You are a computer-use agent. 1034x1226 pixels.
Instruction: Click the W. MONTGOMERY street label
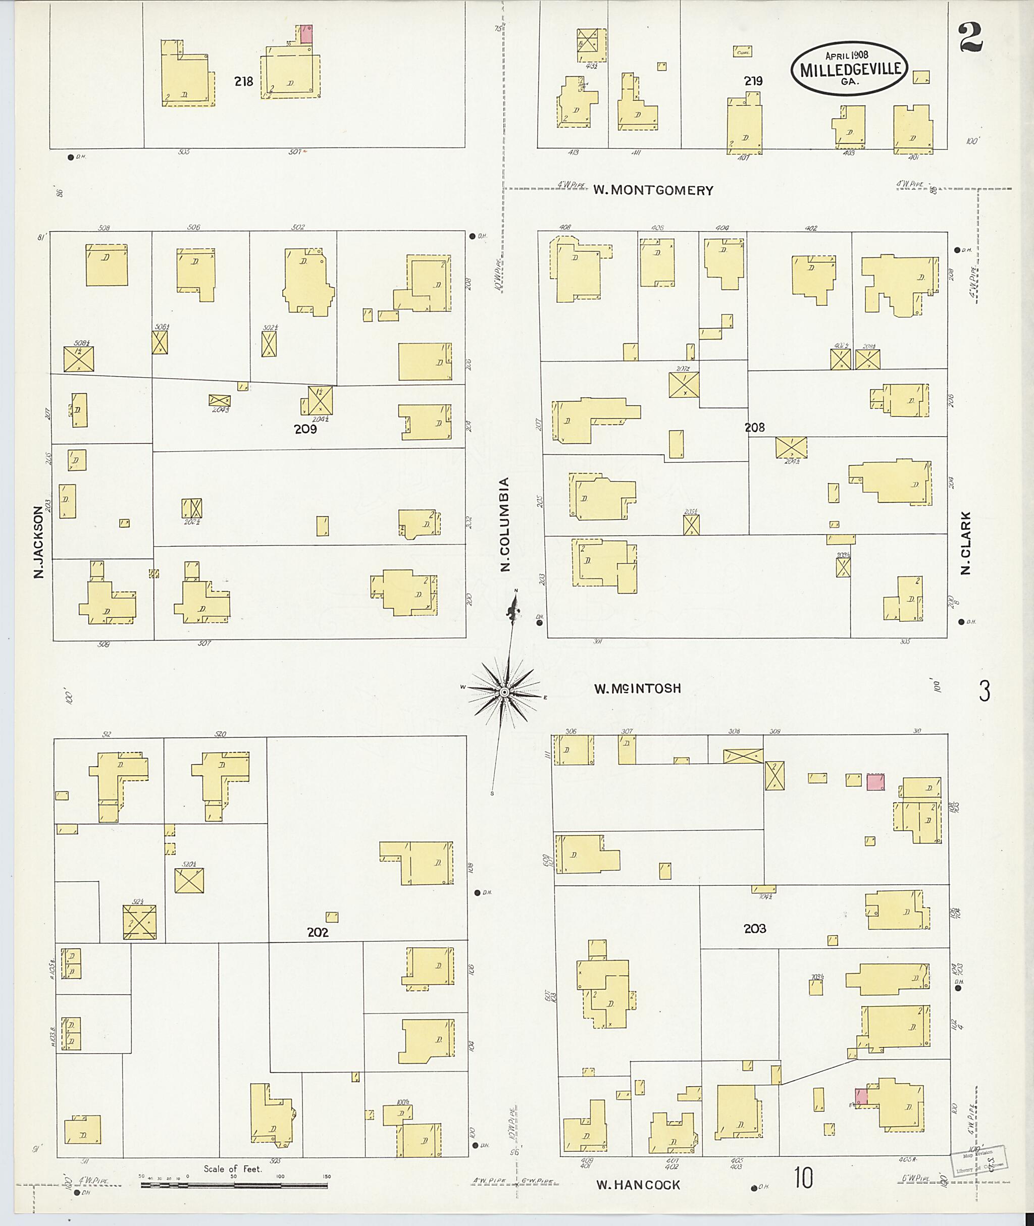tap(653, 190)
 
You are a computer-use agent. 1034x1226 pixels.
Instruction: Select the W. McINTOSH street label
tap(638, 688)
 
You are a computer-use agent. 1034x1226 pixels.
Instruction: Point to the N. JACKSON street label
tap(39, 543)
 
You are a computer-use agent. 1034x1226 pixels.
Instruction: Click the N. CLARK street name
tap(966, 543)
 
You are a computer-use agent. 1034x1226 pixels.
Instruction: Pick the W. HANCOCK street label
tap(638, 1185)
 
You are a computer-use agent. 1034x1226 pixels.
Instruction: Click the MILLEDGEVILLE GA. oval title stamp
tap(849, 69)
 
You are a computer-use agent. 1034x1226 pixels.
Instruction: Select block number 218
tap(243, 82)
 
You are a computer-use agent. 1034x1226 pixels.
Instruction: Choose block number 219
tap(753, 81)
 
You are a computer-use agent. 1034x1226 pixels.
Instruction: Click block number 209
tap(305, 429)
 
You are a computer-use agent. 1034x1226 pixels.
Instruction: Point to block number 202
tap(317, 932)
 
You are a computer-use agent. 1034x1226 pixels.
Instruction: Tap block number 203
tap(754, 928)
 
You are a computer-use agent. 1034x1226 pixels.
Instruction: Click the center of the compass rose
tap(504, 692)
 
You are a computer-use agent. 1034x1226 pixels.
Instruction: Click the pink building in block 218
tap(306, 34)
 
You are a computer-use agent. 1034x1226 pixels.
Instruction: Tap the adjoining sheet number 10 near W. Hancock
tap(804, 1178)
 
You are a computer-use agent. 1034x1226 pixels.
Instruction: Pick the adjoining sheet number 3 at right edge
tap(984, 691)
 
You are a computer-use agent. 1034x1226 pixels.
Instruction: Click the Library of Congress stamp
tap(975, 1162)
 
